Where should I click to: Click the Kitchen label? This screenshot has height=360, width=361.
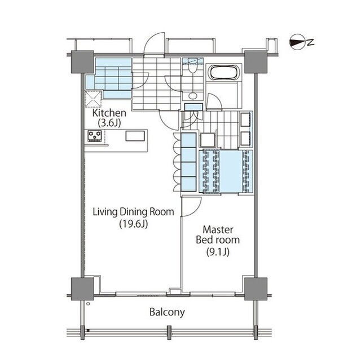click(x=109, y=113)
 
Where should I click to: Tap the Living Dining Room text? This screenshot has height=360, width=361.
click(x=133, y=212)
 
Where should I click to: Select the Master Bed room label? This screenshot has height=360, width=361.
click(x=218, y=235)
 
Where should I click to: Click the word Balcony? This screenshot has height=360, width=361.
click(x=167, y=312)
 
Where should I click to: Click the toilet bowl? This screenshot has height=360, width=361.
click(x=192, y=68)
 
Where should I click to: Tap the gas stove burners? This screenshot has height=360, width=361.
click(x=95, y=136)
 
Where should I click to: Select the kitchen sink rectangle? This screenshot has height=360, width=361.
click(x=135, y=136)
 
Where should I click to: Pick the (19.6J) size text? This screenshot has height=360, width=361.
click(x=134, y=224)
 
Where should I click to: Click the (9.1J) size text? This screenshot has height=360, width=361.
click(x=218, y=252)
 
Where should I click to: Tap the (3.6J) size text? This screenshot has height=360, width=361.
click(x=109, y=123)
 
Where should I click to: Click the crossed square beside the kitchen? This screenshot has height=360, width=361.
click(x=93, y=99)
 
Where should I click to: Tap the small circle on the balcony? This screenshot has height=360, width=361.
click(x=88, y=304)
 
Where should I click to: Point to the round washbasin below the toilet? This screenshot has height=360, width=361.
click(x=192, y=95)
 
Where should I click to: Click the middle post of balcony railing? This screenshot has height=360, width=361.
click(x=169, y=332)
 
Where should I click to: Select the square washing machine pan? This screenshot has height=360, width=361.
click(x=208, y=140)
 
